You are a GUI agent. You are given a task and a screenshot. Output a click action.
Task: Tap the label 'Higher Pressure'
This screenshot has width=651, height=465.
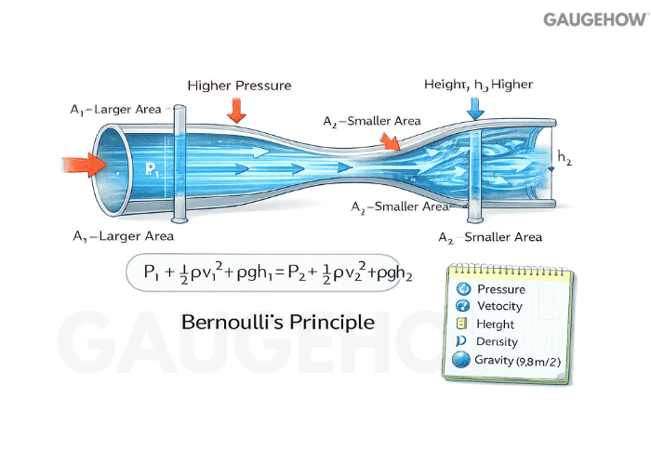[239, 86]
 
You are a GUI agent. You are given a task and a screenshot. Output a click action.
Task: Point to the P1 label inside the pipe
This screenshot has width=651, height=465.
[153, 169]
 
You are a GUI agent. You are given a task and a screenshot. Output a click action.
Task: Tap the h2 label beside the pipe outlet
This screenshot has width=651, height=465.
[563, 157]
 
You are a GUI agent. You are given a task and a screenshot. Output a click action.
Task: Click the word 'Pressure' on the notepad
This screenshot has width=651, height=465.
[500, 288]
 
